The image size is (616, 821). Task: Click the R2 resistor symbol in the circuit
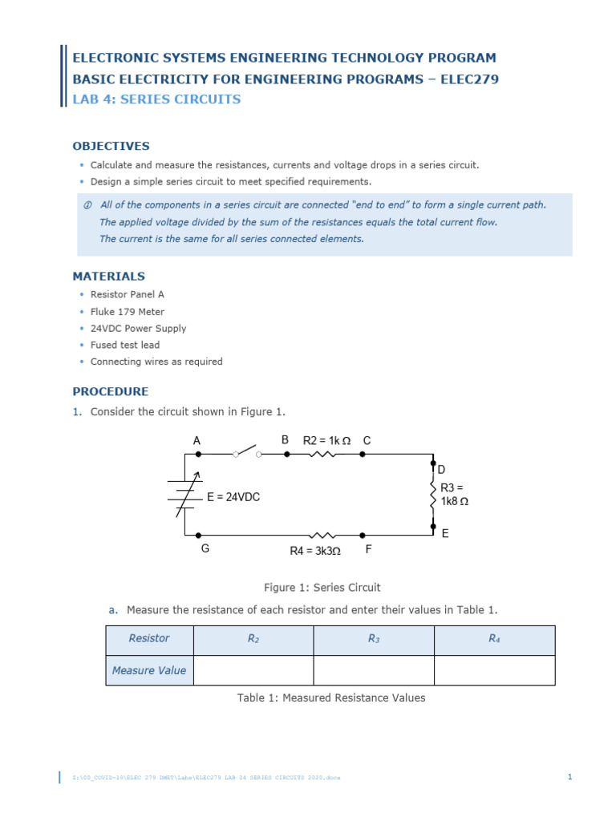coord(324,454)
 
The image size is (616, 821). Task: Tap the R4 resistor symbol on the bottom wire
coord(324,535)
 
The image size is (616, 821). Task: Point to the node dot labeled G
coord(198,535)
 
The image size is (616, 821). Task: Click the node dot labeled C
coord(362,454)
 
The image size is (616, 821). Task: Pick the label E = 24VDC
coord(233,497)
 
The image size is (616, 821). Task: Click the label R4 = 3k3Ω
coord(315,551)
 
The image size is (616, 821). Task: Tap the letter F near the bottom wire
coord(368,550)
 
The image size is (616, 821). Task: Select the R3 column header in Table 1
coord(374,639)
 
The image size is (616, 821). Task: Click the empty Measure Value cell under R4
coord(494,670)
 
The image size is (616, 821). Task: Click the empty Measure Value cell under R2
coord(253,670)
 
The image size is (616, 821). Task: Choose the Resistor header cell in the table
coord(149,639)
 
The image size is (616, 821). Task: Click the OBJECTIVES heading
coord(111,146)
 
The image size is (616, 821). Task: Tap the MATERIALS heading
coord(109,276)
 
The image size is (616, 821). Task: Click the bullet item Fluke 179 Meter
coord(127,312)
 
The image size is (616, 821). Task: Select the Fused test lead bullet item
coord(125,345)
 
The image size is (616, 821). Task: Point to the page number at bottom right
coord(569,777)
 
